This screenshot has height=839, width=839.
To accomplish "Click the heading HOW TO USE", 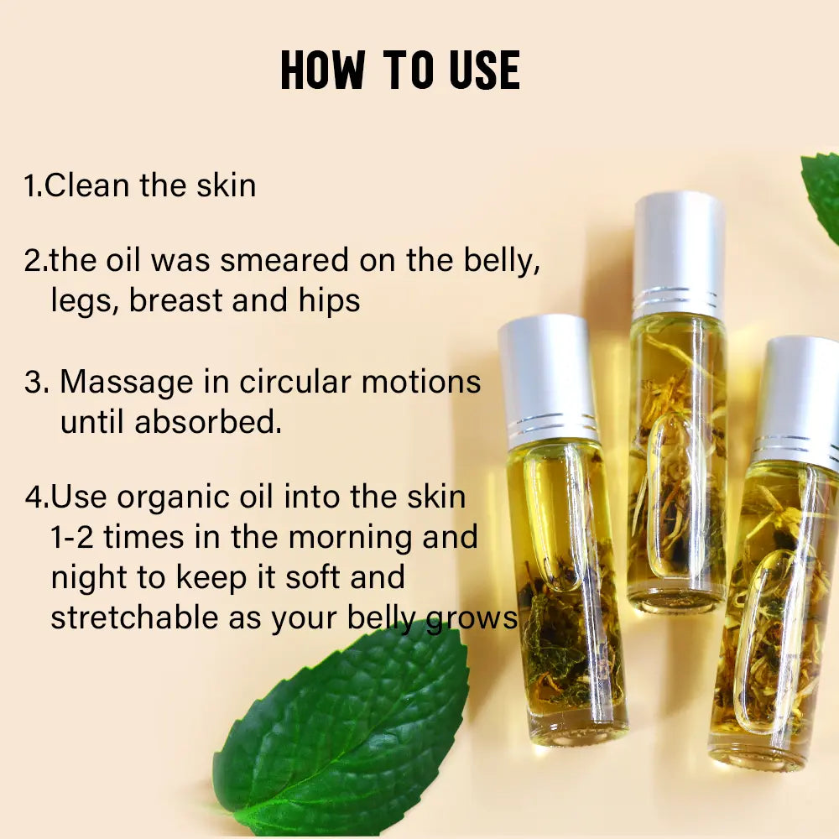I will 400,70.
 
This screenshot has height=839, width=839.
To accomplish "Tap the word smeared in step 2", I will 286,261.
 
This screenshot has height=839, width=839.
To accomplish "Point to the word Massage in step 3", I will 126,383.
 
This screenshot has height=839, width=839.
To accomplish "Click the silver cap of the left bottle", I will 546,373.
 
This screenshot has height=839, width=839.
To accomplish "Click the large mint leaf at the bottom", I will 344,738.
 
